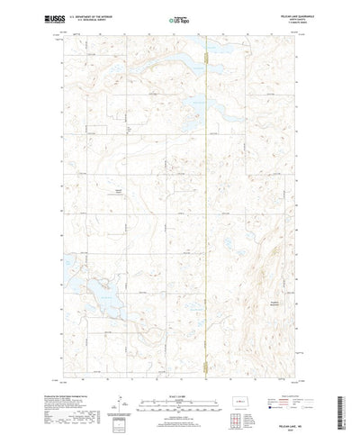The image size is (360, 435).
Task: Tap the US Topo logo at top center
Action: click(x=180, y=19)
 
